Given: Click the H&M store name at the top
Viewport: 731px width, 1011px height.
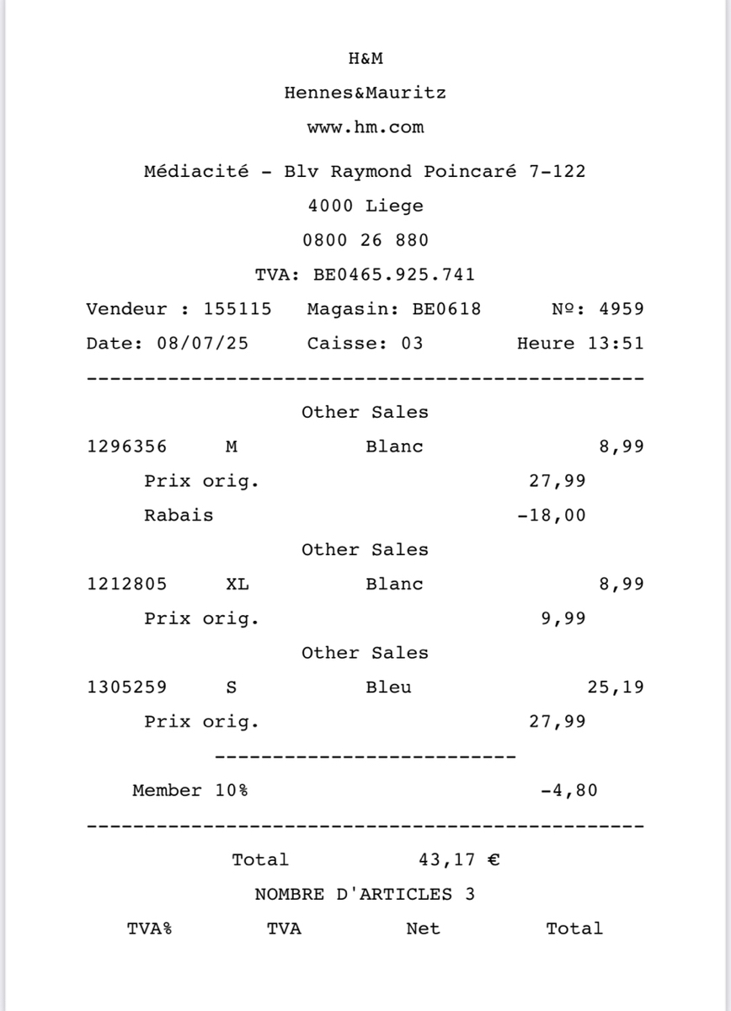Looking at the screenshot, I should [x=365, y=59].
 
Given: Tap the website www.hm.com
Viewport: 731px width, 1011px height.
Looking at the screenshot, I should [x=365, y=128].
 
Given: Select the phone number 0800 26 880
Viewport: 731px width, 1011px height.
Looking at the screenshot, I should [x=365, y=240].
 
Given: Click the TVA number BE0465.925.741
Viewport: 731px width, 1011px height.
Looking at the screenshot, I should [x=394, y=275].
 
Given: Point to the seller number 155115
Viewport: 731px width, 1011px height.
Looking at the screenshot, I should [x=237, y=309].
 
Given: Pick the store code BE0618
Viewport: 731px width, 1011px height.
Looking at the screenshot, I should [x=446, y=309].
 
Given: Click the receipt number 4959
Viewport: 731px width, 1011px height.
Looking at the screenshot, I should [x=622, y=309].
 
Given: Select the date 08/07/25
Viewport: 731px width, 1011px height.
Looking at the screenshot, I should [x=202, y=344].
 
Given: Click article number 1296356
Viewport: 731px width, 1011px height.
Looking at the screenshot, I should [x=127, y=447].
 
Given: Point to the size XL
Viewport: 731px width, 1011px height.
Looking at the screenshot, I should [x=237, y=584].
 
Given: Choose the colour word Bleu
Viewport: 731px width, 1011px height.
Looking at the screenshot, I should [x=388, y=687].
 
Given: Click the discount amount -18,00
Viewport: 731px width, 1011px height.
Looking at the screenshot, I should [x=552, y=516].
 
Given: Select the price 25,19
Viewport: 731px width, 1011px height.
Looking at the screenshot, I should [x=616, y=687].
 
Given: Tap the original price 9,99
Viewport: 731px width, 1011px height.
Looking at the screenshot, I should [x=563, y=618].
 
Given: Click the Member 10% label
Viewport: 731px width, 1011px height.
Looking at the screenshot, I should [x=190, y=790].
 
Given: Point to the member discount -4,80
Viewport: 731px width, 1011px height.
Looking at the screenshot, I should [x=569, y=790].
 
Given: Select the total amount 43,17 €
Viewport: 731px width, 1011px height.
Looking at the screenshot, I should [x=460, y=860].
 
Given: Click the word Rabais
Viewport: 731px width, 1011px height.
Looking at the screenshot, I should [x=179, y=516].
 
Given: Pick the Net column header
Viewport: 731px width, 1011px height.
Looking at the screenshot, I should [x=423, y=929].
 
